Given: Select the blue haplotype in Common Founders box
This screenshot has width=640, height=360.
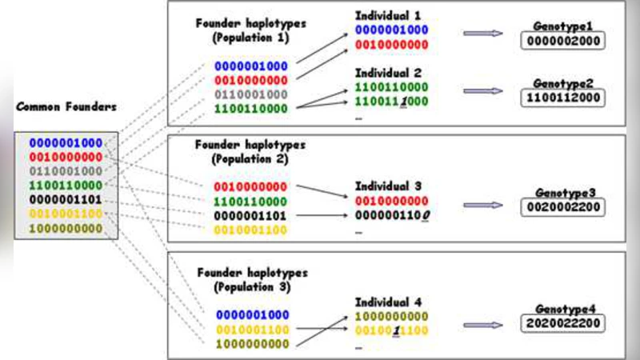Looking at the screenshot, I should click(66, 143).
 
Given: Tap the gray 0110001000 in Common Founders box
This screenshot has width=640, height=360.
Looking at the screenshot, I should click(66, 171).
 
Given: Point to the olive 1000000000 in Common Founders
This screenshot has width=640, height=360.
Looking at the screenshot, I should click(66, 229).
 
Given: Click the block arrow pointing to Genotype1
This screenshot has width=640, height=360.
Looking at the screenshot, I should click(482, 33).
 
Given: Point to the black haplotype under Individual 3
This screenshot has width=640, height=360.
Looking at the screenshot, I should click(392, 215).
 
